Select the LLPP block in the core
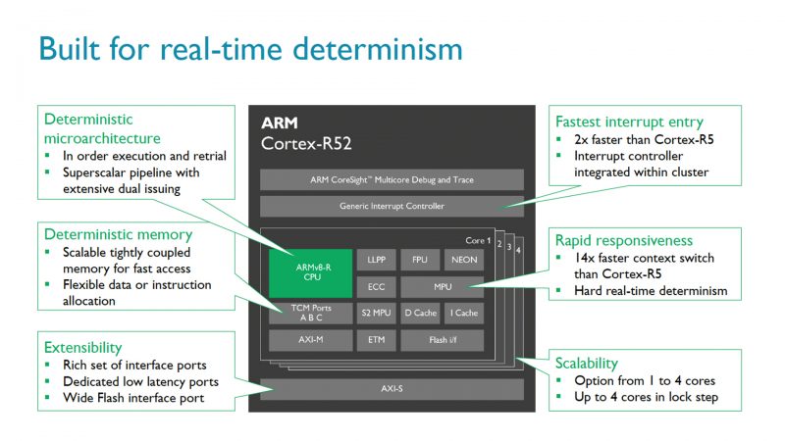[x=375, y=261]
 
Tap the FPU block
[x=419, y=261]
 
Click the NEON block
[x=462, y=261]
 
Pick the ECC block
[x=375, y=287]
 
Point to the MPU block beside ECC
[x=441, y=287]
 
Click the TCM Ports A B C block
[x=310, y=314]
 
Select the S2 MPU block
[x=375, y=314]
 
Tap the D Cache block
[x=419, y=314]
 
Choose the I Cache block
[x=462, y=314]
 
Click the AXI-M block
[x=310, y=340]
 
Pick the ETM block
[x=375, y=340]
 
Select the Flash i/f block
[x=441, y=340]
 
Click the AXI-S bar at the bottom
[x=392, y=388]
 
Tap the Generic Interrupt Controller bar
[x=392, y=206]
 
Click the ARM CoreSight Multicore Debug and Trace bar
[x=392, y=180]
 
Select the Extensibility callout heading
[x=83, y=347]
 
